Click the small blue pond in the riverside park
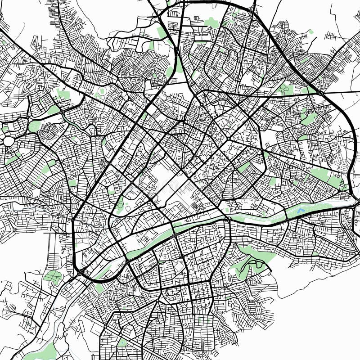tap(301, 210)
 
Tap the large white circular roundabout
tap(9, 141)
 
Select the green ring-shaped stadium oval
tap(102, 91)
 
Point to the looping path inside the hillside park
tap(252, 265)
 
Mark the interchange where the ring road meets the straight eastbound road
tap(320, 92)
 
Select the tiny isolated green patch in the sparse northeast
tap(311, 32)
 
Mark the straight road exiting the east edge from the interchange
tap(342, 93)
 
